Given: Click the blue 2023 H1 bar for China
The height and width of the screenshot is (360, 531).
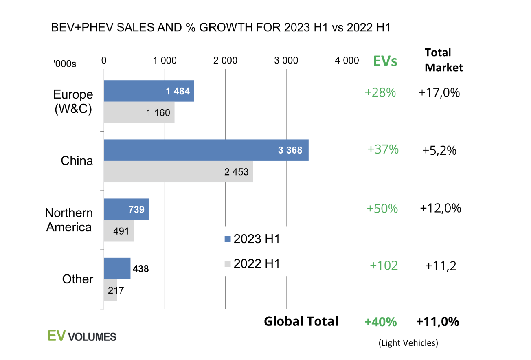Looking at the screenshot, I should [206, 150].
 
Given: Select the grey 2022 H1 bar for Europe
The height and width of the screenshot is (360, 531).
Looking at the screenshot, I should [139, 113].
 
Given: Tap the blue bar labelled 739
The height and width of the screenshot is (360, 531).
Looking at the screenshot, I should [126, 209].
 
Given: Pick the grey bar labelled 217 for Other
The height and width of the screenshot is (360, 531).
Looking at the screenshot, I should [110, 290].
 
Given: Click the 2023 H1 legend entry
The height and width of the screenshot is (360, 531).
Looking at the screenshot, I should [252, 239].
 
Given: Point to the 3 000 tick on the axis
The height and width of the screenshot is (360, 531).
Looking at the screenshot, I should [286, 61].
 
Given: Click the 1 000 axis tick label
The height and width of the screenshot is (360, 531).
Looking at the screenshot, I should [165, 61].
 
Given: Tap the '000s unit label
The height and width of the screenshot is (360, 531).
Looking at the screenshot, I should [65, 64].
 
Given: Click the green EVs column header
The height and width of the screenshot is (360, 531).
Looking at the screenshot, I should [385, 61].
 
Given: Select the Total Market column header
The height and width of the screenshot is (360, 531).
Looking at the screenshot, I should [443, 60].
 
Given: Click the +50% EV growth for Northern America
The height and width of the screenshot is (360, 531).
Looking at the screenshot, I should [382, 209].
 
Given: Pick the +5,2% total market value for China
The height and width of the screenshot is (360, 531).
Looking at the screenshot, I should [439, 151].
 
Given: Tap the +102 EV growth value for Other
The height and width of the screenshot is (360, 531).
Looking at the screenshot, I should [383, 266].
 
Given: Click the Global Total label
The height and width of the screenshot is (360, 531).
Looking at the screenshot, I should [301, 321].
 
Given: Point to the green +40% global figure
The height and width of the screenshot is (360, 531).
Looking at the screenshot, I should [380, 322].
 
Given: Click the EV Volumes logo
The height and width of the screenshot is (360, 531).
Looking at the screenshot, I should [82, 336].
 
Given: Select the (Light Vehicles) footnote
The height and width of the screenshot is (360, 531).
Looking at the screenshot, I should [408, 343].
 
